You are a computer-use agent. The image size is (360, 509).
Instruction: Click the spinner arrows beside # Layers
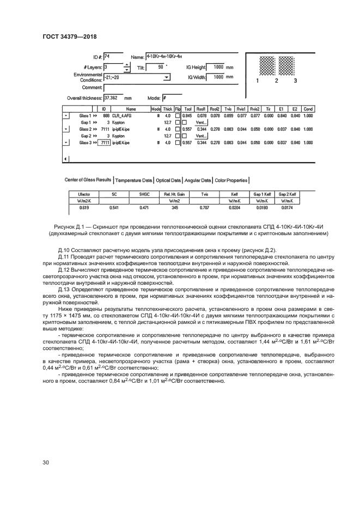pos(127,68)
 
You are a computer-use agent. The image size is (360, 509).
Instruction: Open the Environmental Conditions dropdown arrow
pos(167,78)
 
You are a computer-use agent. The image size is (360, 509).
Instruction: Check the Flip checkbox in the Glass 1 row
pos(177,116)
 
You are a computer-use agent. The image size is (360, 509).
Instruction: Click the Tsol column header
pos(188,109)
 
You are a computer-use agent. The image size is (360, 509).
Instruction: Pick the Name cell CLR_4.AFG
pos(121,116)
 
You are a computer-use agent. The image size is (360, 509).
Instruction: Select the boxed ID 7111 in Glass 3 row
pos(104,143)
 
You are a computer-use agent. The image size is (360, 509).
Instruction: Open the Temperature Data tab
pos(134,180)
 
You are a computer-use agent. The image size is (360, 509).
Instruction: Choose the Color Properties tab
pos(231,180)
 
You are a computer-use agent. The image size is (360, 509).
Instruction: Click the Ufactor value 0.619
pos(84,207)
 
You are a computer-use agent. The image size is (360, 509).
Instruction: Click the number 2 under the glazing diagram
pos(276,80)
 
